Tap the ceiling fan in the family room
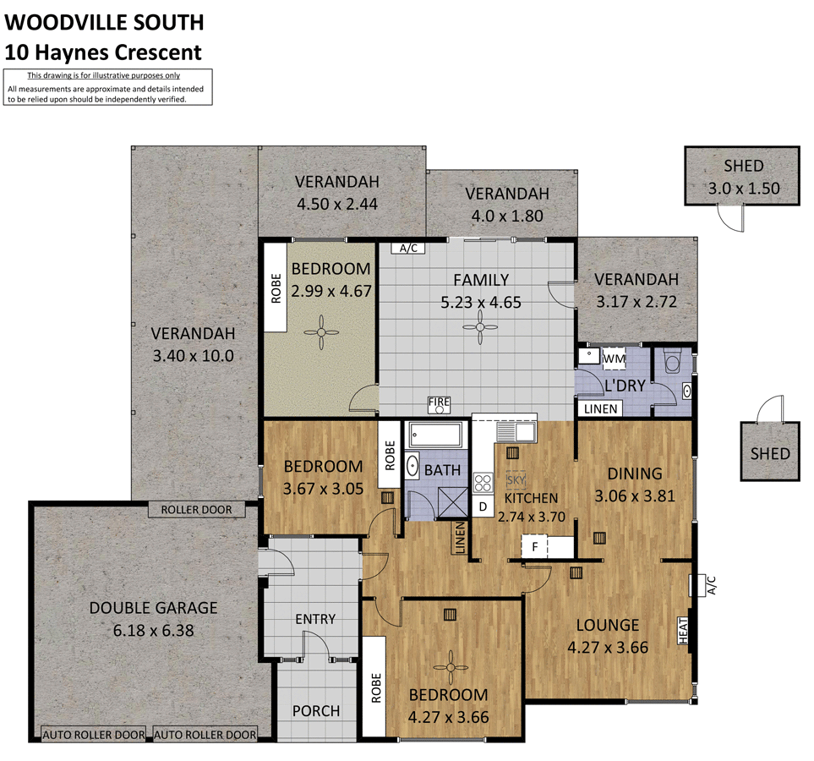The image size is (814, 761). (480, 326)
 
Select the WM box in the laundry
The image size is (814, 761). (614, 359)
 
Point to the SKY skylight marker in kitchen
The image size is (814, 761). (515, 479)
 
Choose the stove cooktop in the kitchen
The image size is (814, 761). (483, 484)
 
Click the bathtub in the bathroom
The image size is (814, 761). (435, 435)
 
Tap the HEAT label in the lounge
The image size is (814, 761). (683, 628)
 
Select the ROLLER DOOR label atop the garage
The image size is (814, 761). (196, 510)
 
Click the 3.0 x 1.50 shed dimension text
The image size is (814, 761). (743, 189)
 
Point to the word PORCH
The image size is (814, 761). (316, 711)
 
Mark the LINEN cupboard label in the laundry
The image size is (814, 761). (601, 409)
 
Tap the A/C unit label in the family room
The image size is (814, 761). (409, 249)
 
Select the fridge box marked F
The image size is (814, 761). (534, 547)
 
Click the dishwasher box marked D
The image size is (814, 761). (482, 507)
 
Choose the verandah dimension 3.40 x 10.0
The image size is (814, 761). (194, 356)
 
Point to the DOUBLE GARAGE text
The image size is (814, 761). (153, 607)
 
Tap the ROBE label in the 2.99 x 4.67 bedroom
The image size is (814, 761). (276, 288)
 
